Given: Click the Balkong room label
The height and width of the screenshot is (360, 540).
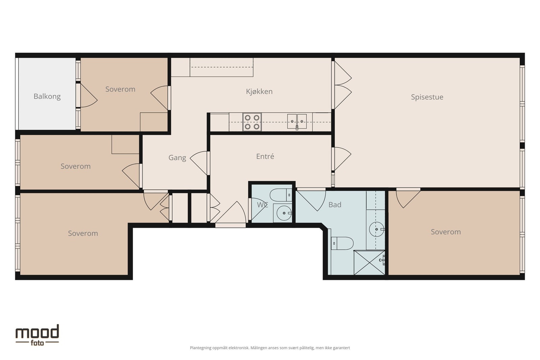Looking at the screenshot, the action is tap(47, 96).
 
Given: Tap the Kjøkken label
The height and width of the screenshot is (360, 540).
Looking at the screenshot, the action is tap(259, 91).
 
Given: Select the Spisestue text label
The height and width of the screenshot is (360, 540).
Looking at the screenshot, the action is tap(427, 97).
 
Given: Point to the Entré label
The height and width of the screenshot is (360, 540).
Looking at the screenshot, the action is tap(265, 157).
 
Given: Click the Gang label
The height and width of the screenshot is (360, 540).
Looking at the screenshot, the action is tap(177, 158).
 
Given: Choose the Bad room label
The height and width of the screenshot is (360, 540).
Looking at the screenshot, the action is tap(335, 205).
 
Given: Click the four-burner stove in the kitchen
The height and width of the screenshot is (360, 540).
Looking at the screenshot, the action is tap(252, 122).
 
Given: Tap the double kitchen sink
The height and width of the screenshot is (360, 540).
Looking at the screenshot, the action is tap(297, 121).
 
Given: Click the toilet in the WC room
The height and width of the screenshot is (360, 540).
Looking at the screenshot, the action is tap(281, 195).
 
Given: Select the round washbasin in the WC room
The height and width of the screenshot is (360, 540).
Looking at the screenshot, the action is tap(284, 213).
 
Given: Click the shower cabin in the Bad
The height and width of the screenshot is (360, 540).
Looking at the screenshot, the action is tap(369, 262).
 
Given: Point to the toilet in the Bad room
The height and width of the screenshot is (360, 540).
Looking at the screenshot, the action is tap(342, 243).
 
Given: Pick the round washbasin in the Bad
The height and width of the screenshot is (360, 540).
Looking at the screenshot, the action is tap(377, 229).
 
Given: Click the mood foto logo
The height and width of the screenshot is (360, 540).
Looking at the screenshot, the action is tap(37, 335).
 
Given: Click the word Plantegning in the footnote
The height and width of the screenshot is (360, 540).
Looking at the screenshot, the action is tap(200, 348).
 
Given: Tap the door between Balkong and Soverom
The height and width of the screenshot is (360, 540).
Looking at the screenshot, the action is tap(87, 95).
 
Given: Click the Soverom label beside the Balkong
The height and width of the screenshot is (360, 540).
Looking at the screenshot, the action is tap(120, 89).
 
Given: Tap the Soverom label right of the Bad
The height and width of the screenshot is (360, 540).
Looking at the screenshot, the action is tap(446, 232).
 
